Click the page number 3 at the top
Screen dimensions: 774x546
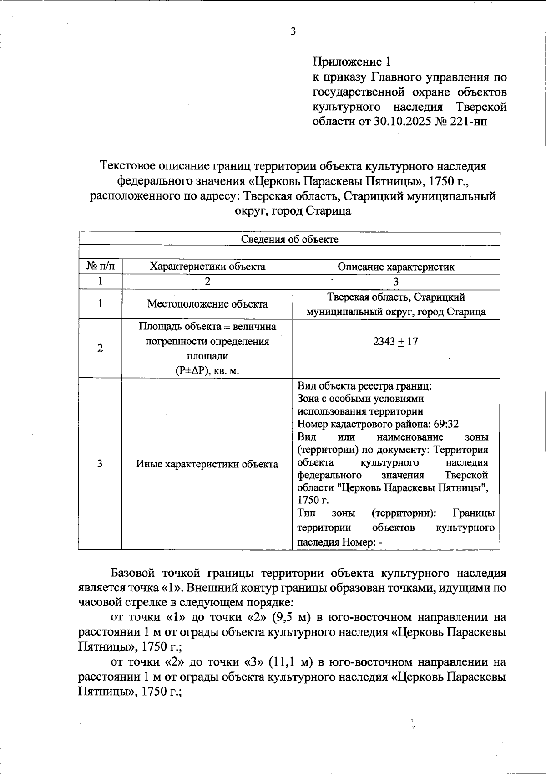(x=293, y=31)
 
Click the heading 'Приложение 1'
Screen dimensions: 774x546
(x=351, y=62)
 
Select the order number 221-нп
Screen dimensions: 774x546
(x=469, y=122)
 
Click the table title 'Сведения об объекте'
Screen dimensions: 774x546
(x=289, y=239)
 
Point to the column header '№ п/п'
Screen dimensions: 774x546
(x=100, y=267)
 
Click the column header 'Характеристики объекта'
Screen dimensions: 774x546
(x=207, y=267)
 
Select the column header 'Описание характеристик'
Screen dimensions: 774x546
(x=396, y=267)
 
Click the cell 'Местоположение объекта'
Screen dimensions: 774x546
(x=207, y=304)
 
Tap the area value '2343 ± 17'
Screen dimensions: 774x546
(x=395, y=341)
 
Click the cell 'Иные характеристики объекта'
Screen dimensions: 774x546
(x=207, y=464)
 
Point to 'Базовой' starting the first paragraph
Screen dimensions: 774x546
(x=134, y=573)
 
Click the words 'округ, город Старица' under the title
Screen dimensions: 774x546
(x=293, y=211)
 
